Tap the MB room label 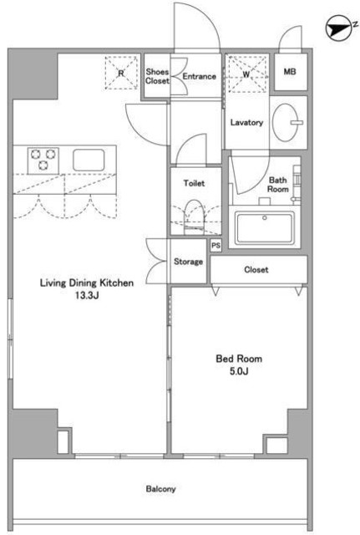pyautogui.click(x=290, y=72)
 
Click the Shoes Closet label pyautogui.click(x=157, y=76)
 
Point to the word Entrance pyautogui.click(x=200, y=76)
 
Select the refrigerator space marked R pyautogui.click(x=121, y=73)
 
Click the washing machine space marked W pyautogui.click(x=246, y=74)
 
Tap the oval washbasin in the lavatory pyautogui.click(x=286, y=122)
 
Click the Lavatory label pyautogui.click(x=246, y=122)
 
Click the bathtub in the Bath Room pyautogui.click(x=265, y=228)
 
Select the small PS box pyautogui.click(x=215, y=245)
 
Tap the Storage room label pyautogui.click(x=188, y=262)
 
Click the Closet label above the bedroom pyautogui.click(x=256, y=269)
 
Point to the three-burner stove pyautogui.click(x=43, y=160)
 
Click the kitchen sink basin pyautogui.click(x=89, y=160)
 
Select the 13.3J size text pyautogui.click(x=87, y=295)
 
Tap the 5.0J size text pyautogui.click(x=239, y=371)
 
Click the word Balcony pyautogui.click(x=161, y=489)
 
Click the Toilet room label pyautogui.click(x=194, y=183)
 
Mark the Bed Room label pyautogui.click(x=239, y=359)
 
